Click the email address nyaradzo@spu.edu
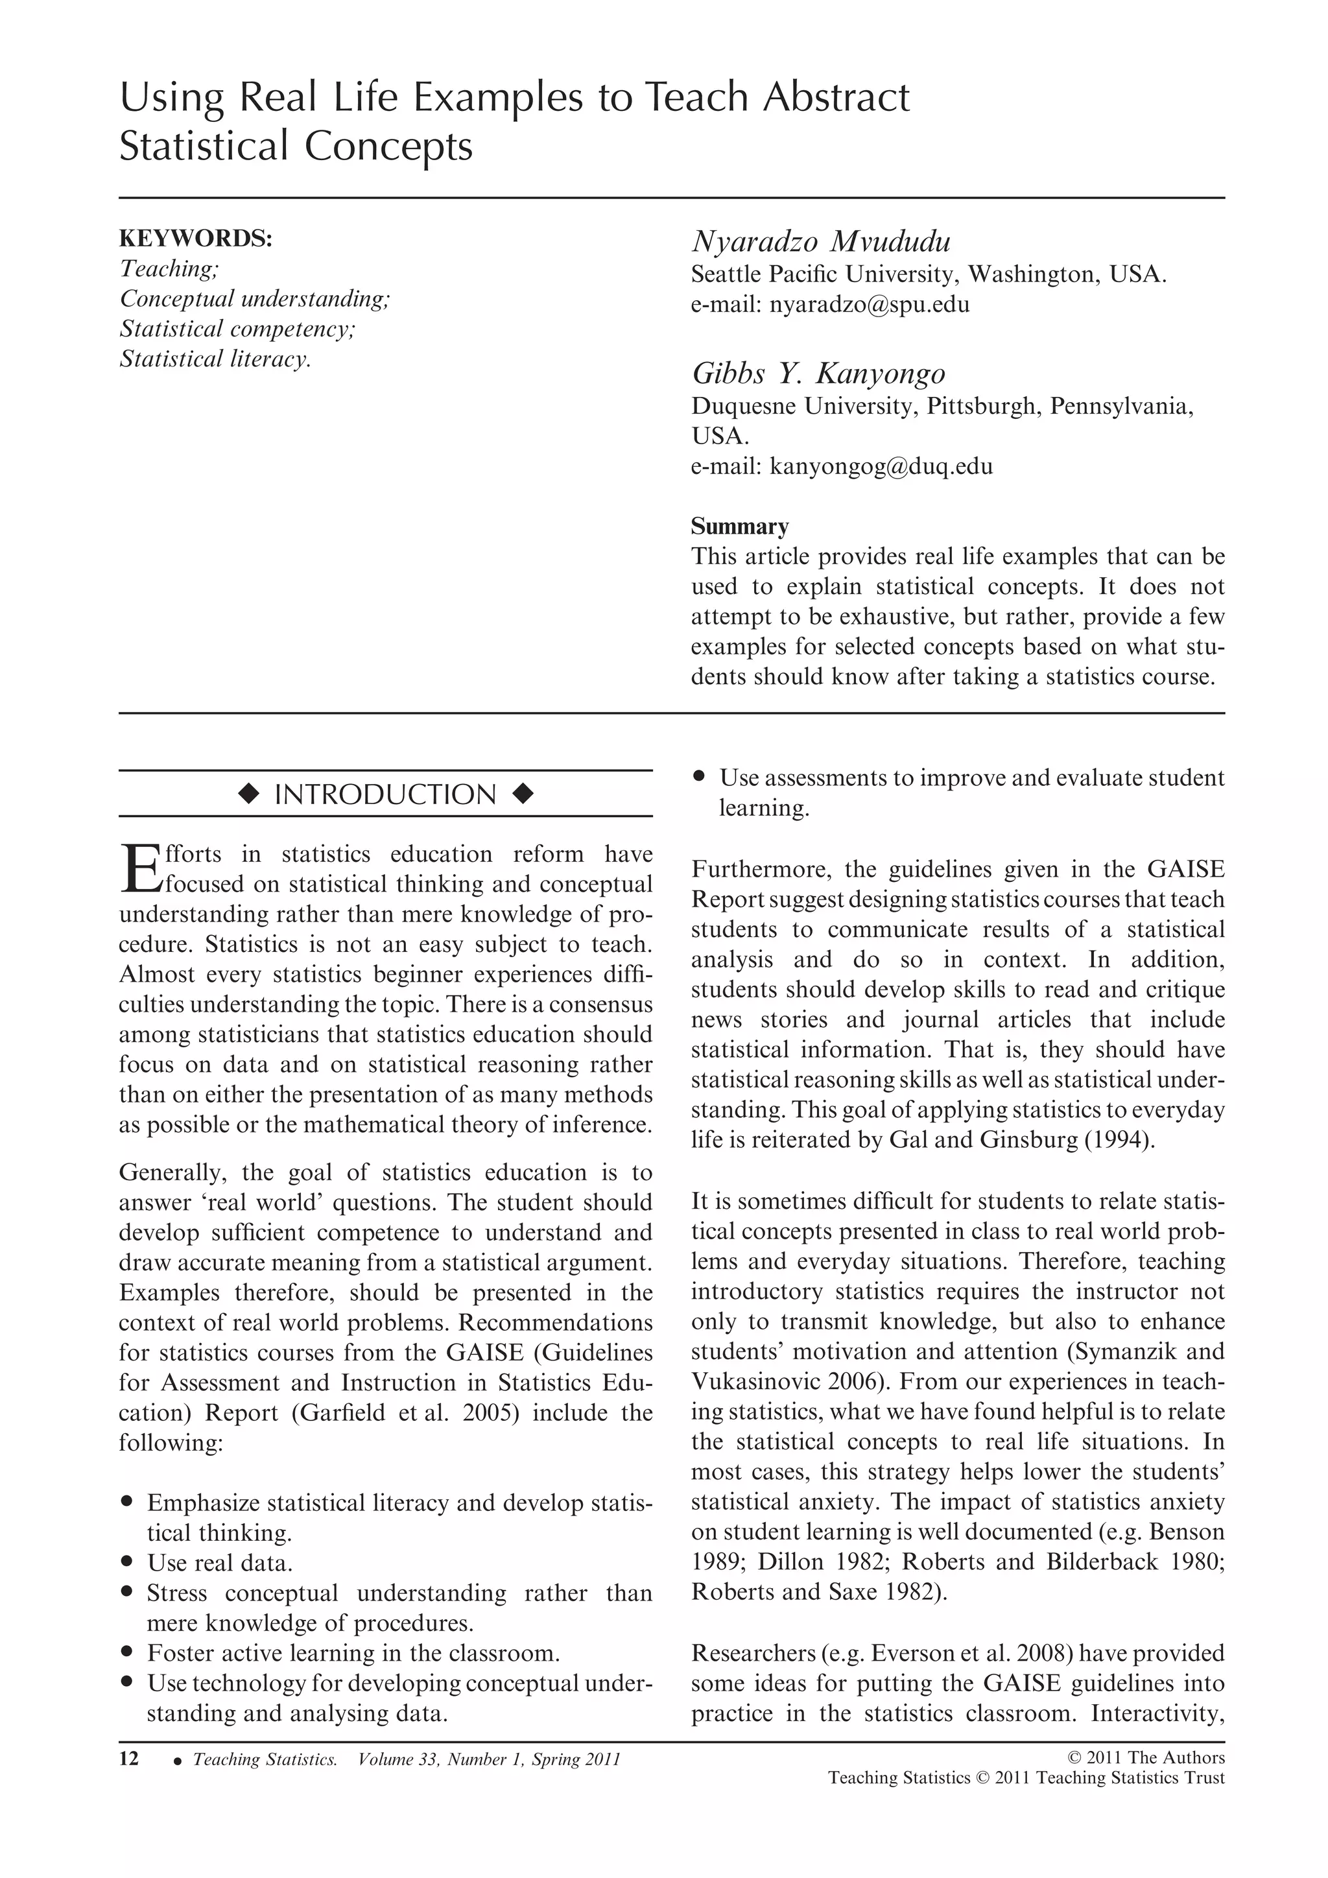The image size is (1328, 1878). click(870, 305)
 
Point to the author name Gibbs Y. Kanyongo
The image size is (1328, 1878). click(818, 374)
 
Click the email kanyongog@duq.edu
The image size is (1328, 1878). click(881, 467)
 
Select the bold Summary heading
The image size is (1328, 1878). click(739, 526)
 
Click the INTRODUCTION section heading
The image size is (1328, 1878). click(385, 794)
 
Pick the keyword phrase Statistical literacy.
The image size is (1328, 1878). click(215, 359)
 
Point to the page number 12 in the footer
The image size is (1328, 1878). click(129, 1759)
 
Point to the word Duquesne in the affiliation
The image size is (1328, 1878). click(742, 407)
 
